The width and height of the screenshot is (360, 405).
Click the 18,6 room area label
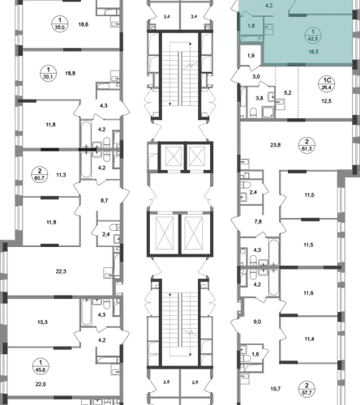(x=84, y=24)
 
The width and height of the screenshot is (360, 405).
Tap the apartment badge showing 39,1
(x=49, y=74)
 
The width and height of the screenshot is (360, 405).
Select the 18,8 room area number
(x=71, y=73)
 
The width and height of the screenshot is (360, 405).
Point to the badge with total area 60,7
(x=40, y=175)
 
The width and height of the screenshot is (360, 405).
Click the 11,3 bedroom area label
(x=61, y=175)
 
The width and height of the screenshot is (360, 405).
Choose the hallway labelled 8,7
(x=104, y=201)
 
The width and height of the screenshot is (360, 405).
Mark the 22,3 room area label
(x=61, y=271)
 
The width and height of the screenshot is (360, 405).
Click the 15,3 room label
(x=42, y=322)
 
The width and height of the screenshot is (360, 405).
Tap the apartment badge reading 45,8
(x=41, y=366)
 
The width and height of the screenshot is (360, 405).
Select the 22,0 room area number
(x=41, y=384)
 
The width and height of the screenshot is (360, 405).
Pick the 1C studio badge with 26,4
(x=327, y=84)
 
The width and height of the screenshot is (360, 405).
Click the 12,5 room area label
(x=327, y=101)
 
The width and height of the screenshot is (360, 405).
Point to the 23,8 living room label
(x=276, y=145)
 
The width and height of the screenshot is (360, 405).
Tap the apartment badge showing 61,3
(x=306, y=145)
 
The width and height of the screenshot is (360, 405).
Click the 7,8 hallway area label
(x=258, y=222)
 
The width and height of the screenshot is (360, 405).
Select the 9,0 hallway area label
(x=257, y=322)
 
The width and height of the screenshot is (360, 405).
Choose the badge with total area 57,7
(x=306, y=389)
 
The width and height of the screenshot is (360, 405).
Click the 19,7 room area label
(x=276, y=389)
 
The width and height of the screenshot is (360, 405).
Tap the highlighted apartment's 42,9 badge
(x=313, y=36)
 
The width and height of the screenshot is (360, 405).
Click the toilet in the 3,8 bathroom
(x=253, y=113)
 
